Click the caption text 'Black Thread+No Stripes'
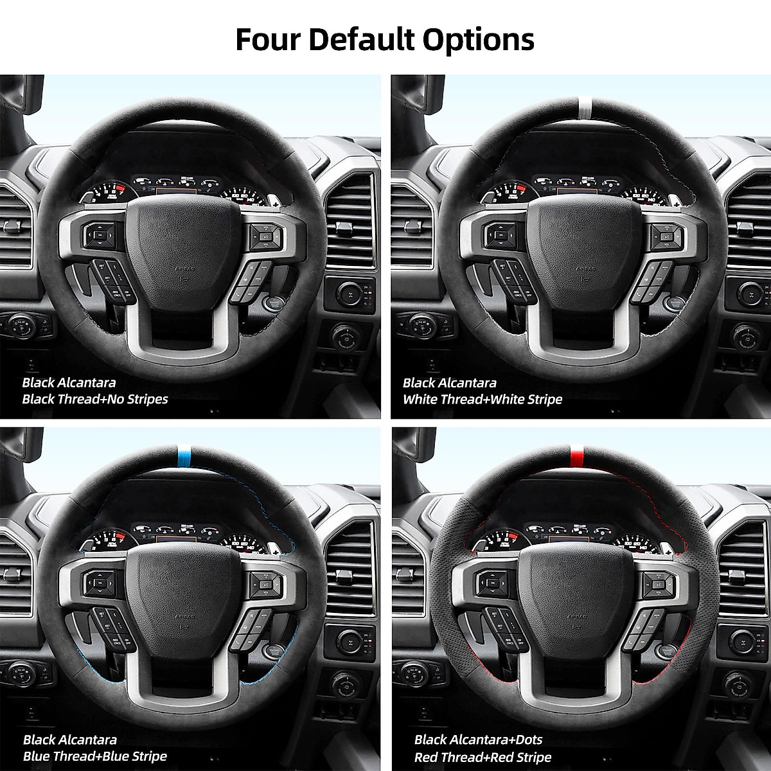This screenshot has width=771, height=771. click(94, 399)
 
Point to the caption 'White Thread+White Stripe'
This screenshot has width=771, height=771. click(482, 399)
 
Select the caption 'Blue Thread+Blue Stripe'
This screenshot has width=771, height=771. click(94, 756)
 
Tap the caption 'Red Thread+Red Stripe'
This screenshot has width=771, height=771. click(483, 757)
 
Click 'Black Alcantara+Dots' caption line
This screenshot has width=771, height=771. click(478, 740)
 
